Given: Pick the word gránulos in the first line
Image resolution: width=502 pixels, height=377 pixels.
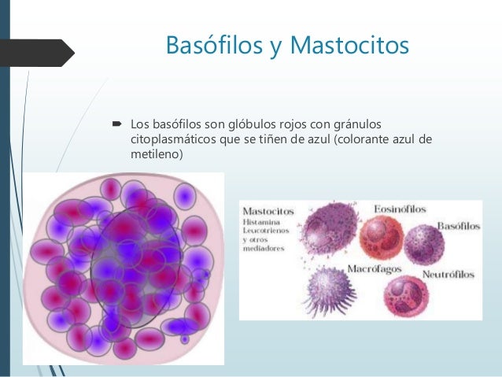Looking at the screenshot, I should tap(356, 124).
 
